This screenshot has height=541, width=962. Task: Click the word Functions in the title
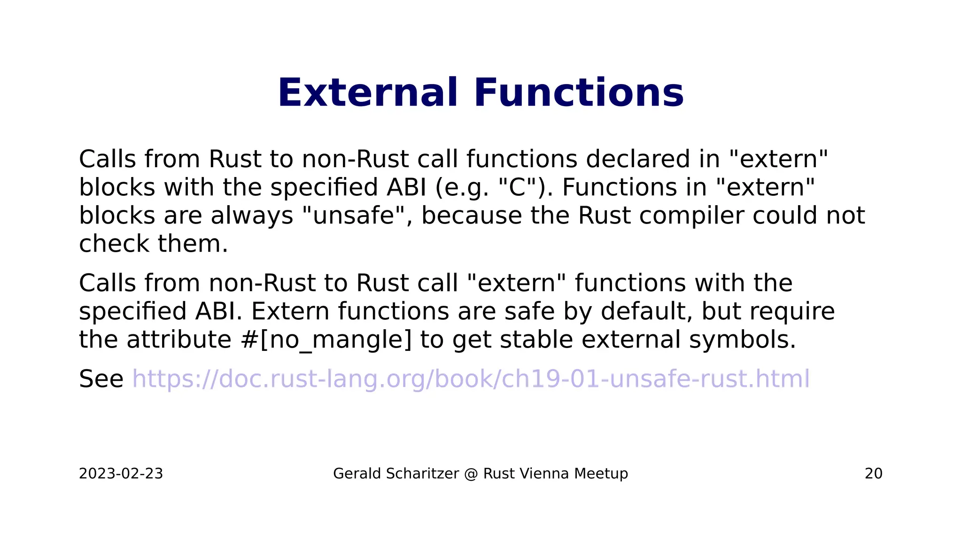[x=578, y=93]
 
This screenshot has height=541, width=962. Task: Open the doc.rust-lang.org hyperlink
[x=471, y=379]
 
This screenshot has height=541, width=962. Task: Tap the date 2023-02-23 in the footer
[x=121, y=473]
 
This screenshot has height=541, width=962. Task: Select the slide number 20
[x=873, y=473]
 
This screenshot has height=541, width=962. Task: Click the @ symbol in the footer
[x=471, y=473]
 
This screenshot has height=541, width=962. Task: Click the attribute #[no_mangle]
[x=326, y=340]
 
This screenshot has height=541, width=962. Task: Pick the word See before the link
[x=101, y=379]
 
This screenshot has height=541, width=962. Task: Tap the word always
[x=252, y=216]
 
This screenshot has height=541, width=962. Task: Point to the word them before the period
[x=189, y=244]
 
